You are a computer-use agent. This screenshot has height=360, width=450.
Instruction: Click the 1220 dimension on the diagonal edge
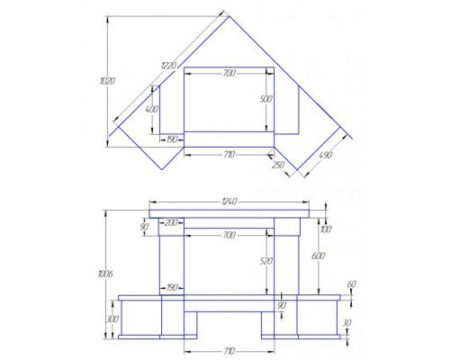pos(169,66)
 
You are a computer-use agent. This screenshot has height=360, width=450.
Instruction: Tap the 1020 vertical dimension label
pos(108,81)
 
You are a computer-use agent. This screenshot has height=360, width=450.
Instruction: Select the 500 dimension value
pos(266,99)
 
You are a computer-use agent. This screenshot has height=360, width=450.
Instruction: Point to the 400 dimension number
pos(151,109)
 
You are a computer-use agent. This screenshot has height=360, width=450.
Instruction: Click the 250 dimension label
pos(278,165)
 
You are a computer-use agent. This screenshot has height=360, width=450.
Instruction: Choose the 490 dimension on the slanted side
pos(326,155)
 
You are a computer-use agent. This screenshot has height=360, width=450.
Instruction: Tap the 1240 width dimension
pos(229,202)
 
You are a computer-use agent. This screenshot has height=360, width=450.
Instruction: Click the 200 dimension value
pos(171,222)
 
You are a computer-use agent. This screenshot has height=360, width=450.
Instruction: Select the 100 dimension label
pos(326,229)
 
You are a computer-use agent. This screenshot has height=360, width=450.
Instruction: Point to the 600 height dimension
pos(318,256)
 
